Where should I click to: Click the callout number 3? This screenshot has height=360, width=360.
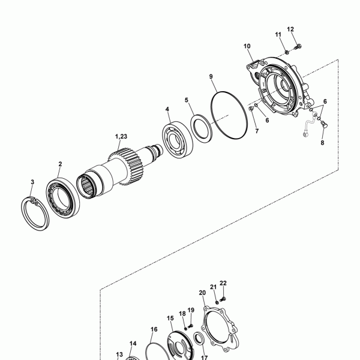(x=32, y=182)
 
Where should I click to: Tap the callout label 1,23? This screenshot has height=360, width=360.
(x=121, y=136)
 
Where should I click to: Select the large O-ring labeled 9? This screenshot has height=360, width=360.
(x=229, y=115)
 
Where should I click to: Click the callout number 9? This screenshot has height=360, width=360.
(x=211, y=76)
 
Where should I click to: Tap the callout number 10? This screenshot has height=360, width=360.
(x=247, y=46)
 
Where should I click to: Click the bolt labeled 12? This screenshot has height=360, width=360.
(x=298, y=47)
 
